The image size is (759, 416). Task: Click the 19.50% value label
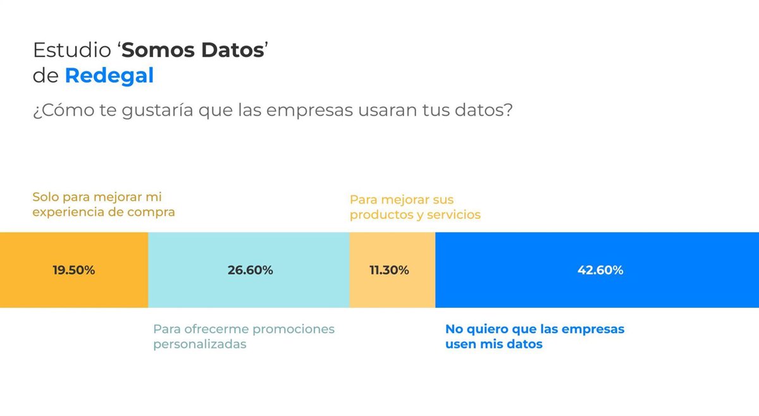[73, 271]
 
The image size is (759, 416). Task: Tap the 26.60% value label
[250, 271]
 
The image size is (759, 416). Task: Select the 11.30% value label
[389, 271]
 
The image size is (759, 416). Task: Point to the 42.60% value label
[600, 271]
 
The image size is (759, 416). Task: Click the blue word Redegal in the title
[109, 76]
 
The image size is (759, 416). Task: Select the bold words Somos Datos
[193, 50]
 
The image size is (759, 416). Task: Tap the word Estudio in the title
[71, 50]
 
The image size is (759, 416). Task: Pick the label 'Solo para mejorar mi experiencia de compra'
[104, 205]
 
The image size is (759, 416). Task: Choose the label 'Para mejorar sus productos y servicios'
[415, 207]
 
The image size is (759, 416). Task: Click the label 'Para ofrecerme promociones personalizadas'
[244, 337]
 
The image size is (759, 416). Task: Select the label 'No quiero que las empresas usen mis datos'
[534, 337]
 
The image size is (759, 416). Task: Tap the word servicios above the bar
[454, 215]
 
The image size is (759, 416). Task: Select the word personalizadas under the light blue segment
[200, 345]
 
